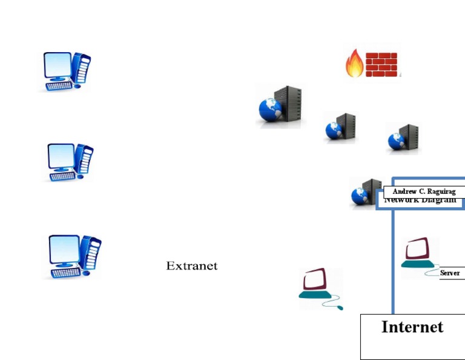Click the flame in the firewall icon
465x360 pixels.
[x=354, y=64]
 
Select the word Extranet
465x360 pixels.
[x=191, y=266]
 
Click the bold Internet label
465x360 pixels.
[x=412, y=327]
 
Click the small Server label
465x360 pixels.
[x=450, y=273]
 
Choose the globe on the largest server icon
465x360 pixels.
[x=269, y=110]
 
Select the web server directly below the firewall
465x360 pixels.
[x=339, y=127]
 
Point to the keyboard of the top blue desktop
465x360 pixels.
[x=59, y=86]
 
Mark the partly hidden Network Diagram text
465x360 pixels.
[x=420, y=201]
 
